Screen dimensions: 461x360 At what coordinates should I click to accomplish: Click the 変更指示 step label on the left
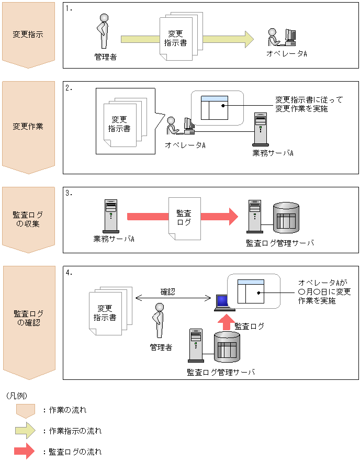point(28,35)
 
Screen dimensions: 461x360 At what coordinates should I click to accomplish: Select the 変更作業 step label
point(28,126)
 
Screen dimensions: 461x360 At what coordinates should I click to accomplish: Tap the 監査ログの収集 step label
point(28,219)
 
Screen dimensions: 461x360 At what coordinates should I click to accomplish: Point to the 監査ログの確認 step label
point(28,318)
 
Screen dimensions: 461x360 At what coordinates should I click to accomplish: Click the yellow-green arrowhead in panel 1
point(247,39)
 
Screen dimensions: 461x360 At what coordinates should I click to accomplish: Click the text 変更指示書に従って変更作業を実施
point(301,104)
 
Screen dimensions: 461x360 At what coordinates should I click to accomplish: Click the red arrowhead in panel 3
point(232,216)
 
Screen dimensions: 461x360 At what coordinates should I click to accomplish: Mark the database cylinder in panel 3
point(286,219)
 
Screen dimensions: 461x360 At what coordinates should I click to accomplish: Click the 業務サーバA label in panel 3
point(114,239)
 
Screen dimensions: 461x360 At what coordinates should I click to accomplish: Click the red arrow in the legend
point(25,451)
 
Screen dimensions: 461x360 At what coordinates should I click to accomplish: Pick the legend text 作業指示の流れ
point(75,431)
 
